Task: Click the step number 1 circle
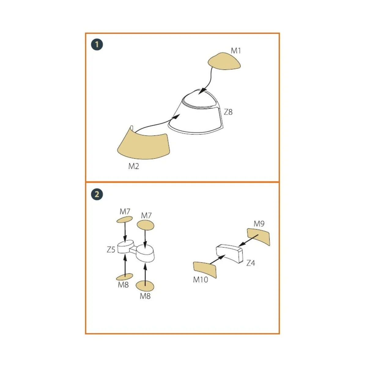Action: pos(97,45)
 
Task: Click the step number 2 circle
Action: pos(97,194)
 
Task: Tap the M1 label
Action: pos(236,51)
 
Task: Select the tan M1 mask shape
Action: pos(224,61)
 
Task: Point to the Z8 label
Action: pos(228,112)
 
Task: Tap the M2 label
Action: pos(134,166)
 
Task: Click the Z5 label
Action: pos(111,250)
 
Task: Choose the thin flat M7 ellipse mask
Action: pos(124,219)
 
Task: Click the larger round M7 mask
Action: pos(146,225)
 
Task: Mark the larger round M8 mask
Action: pos(145,286)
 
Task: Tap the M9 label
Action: pos(259,224)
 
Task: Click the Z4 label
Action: pos(251,263)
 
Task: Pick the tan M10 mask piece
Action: pos(205,270)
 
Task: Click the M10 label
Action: pos(201,280)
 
